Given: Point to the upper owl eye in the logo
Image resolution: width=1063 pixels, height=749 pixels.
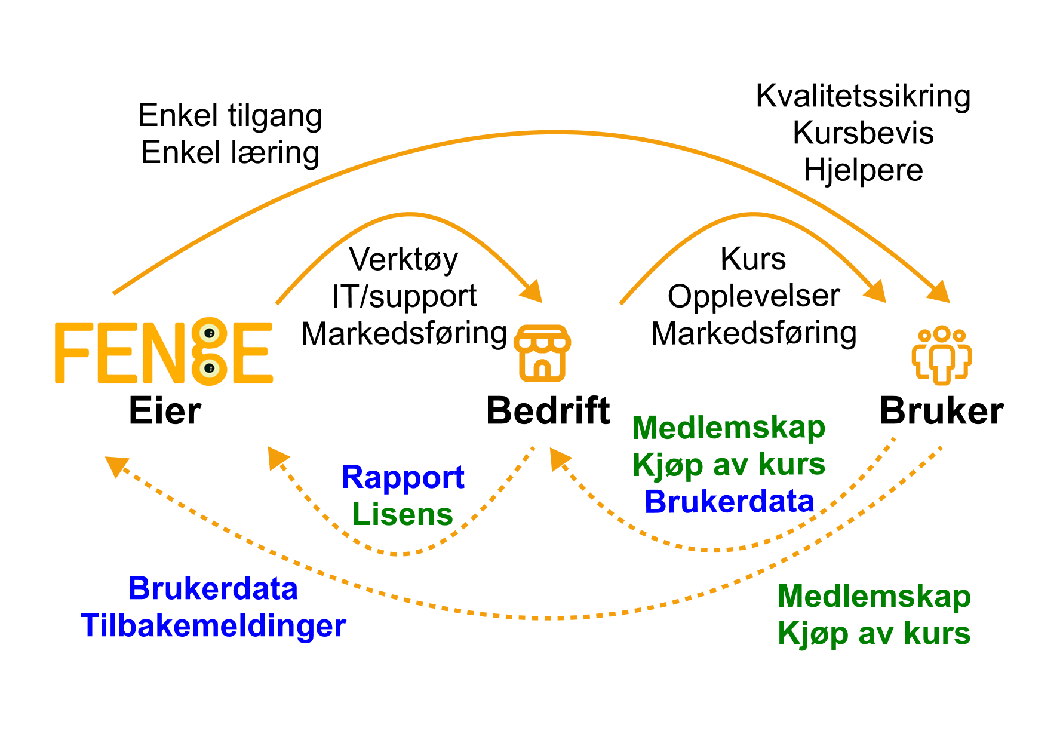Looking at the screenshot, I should click(209, 333).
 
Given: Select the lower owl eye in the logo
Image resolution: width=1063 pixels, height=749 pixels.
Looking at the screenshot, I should click(209, 368).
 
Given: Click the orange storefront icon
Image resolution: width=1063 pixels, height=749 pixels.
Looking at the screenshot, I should click(542, 353).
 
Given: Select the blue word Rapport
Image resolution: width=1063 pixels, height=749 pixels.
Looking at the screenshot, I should click(403, 477).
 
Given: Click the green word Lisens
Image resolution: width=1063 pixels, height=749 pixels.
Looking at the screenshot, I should click(403, 514).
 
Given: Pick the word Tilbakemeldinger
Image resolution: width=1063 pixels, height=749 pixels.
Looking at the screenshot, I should click(213, 626).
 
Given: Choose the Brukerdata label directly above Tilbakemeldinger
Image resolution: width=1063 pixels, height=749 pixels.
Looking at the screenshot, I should click(213, 589).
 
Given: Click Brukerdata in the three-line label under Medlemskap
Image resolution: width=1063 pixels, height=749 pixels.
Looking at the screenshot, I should click(729, 502).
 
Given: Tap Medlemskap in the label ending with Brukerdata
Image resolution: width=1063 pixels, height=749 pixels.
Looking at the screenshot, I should click(729, 428).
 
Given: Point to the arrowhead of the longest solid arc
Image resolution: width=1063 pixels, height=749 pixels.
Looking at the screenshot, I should click(941, 293).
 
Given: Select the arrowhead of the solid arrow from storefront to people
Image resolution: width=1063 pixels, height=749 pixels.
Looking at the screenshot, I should click(877, 293).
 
